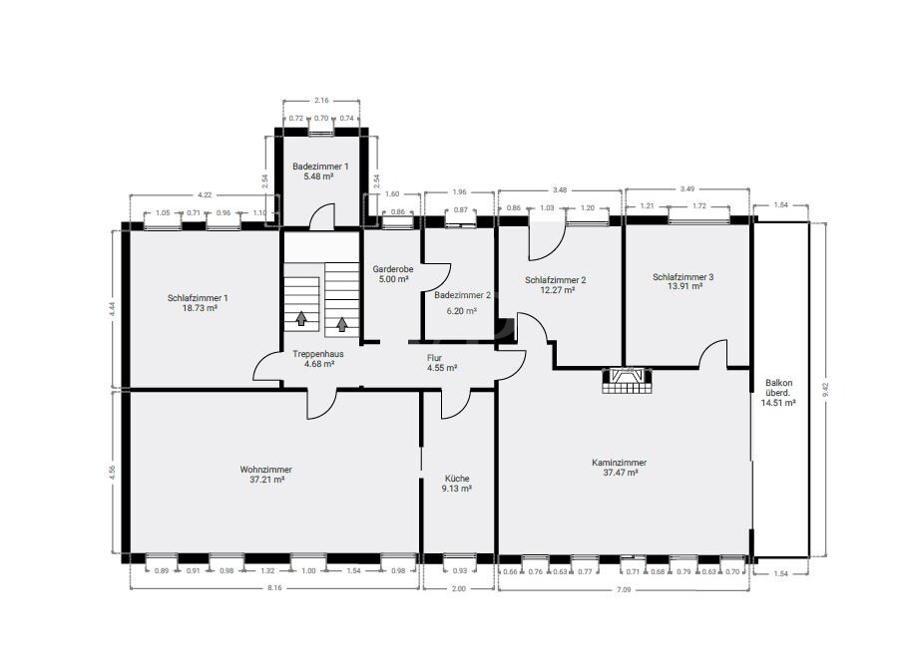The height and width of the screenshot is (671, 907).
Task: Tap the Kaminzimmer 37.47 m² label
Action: [x=619, y=468]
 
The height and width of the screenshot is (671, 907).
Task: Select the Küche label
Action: [x=458, y=484]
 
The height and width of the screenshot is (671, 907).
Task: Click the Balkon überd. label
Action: [x=779, y=393]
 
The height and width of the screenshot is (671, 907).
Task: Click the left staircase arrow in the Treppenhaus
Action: [x=301, y=319]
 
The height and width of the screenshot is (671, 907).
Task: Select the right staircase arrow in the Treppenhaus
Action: [x=342, y=322]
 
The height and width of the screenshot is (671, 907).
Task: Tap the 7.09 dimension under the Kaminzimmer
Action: [x=623, y=589]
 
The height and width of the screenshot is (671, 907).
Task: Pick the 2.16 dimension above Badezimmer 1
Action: [x=321, y=101]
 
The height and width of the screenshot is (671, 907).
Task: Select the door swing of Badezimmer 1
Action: [x=320, y=217]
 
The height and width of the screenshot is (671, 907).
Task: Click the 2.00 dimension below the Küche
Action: [x=458, y=589]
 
